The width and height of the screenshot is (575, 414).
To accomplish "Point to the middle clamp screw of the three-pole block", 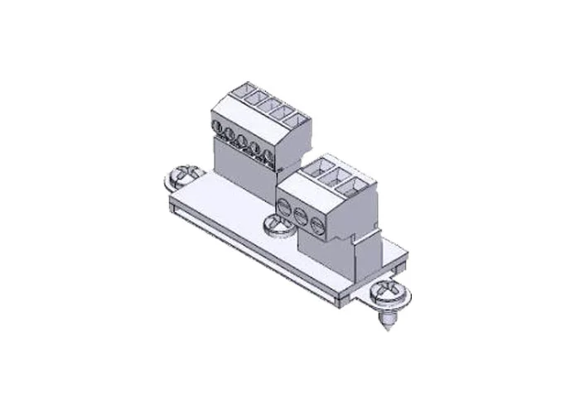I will point(300,214).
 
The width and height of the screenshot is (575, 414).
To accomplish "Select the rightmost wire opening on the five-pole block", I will point(293,118).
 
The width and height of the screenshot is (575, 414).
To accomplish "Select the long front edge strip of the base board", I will point(249,248).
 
